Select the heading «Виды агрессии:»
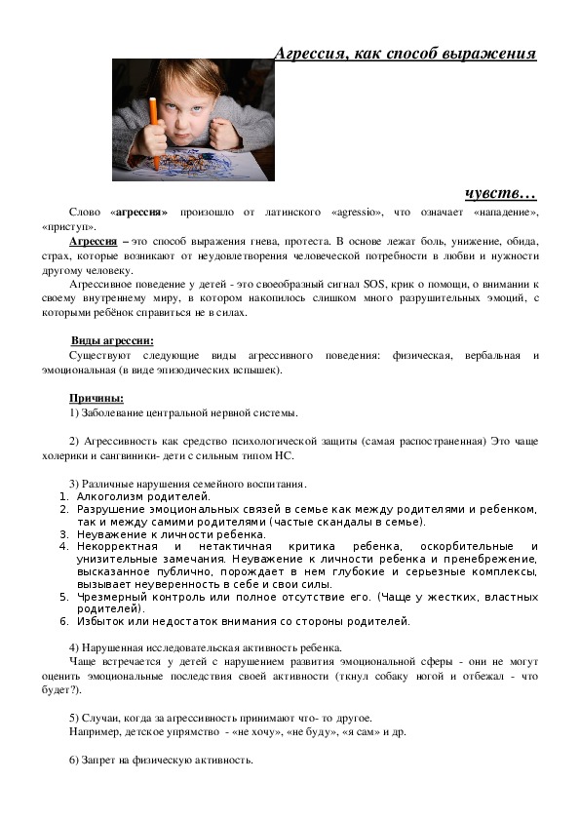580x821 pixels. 112,339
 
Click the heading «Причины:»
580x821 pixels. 96,398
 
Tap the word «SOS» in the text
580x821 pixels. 373,282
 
